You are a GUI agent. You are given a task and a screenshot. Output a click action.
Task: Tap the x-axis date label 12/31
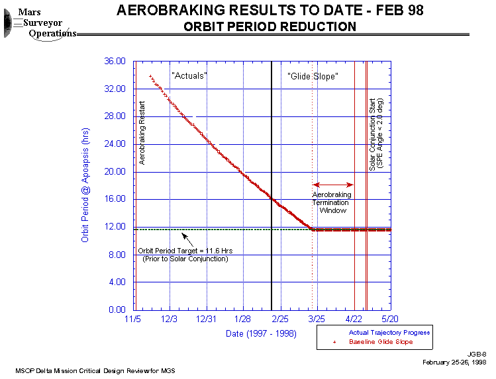click(x=207, y=319)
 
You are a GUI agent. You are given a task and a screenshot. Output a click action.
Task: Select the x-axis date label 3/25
click(x=317, y=319)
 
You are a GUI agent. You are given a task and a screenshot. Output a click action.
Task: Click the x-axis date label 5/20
click(x=390, y=319)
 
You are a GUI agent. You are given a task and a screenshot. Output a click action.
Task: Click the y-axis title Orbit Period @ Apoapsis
click(x=85, y=185)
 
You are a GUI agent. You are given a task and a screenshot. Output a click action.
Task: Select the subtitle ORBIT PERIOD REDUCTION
click(x=269, y=26)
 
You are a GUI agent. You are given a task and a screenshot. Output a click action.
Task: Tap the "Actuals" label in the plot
click(x=189, y=76)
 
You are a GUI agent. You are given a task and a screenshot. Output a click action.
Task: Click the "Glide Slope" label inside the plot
click(x=314, y=76)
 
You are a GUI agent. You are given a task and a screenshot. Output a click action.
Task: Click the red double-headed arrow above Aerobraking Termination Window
click(x=333, y=185)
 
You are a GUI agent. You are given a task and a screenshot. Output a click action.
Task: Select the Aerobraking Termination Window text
click(x=332, y=202)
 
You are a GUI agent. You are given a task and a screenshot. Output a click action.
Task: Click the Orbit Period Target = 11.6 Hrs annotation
click(x=185, y=255)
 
